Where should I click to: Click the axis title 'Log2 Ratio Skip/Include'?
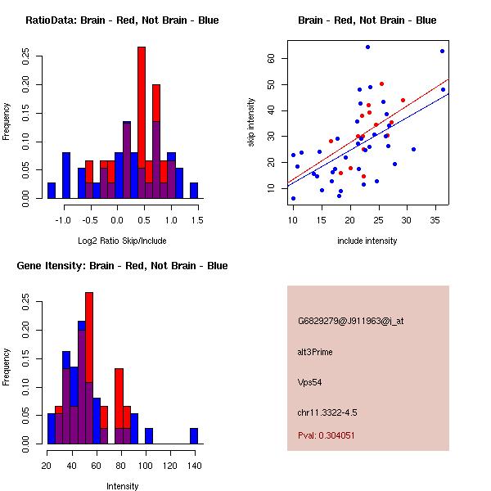pos(122,240)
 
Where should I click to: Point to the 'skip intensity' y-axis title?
pos(252,123)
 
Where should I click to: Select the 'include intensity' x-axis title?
pos(367,240)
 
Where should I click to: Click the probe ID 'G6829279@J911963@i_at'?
pos(350,321)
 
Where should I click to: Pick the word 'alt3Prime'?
pos(315,352)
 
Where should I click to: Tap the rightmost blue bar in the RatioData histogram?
pos(194,190)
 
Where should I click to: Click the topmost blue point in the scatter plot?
pos(367,47)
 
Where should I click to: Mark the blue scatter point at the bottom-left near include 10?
pos(293,198)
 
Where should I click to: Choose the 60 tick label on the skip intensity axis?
pos(271,59)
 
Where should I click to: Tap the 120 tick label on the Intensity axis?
pos(169,466)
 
